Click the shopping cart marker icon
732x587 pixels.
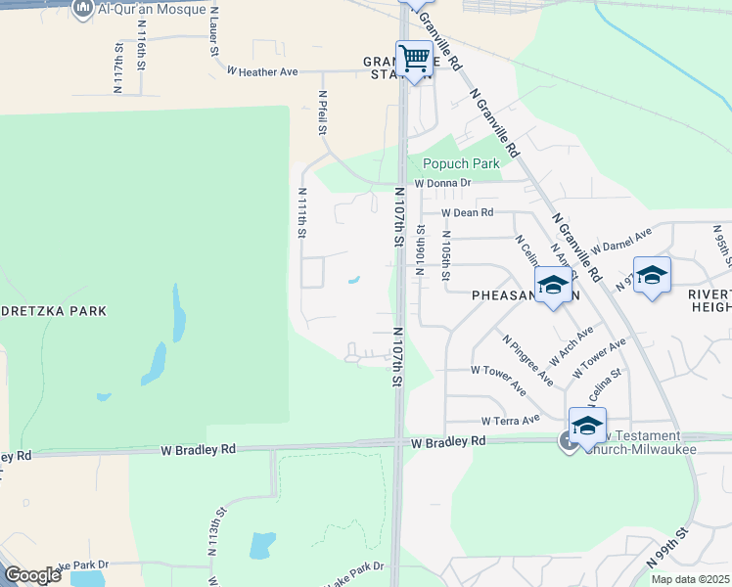414,60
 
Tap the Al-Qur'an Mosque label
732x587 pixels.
153,10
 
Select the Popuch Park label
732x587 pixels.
461,163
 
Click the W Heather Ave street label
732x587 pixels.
261,71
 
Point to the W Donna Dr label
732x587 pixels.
442,183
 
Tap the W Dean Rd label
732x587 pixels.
467,212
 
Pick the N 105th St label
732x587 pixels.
445,255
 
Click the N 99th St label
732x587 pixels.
667,551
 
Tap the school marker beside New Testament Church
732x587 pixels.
587,427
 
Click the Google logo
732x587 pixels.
32,574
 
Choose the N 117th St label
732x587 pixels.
118,68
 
